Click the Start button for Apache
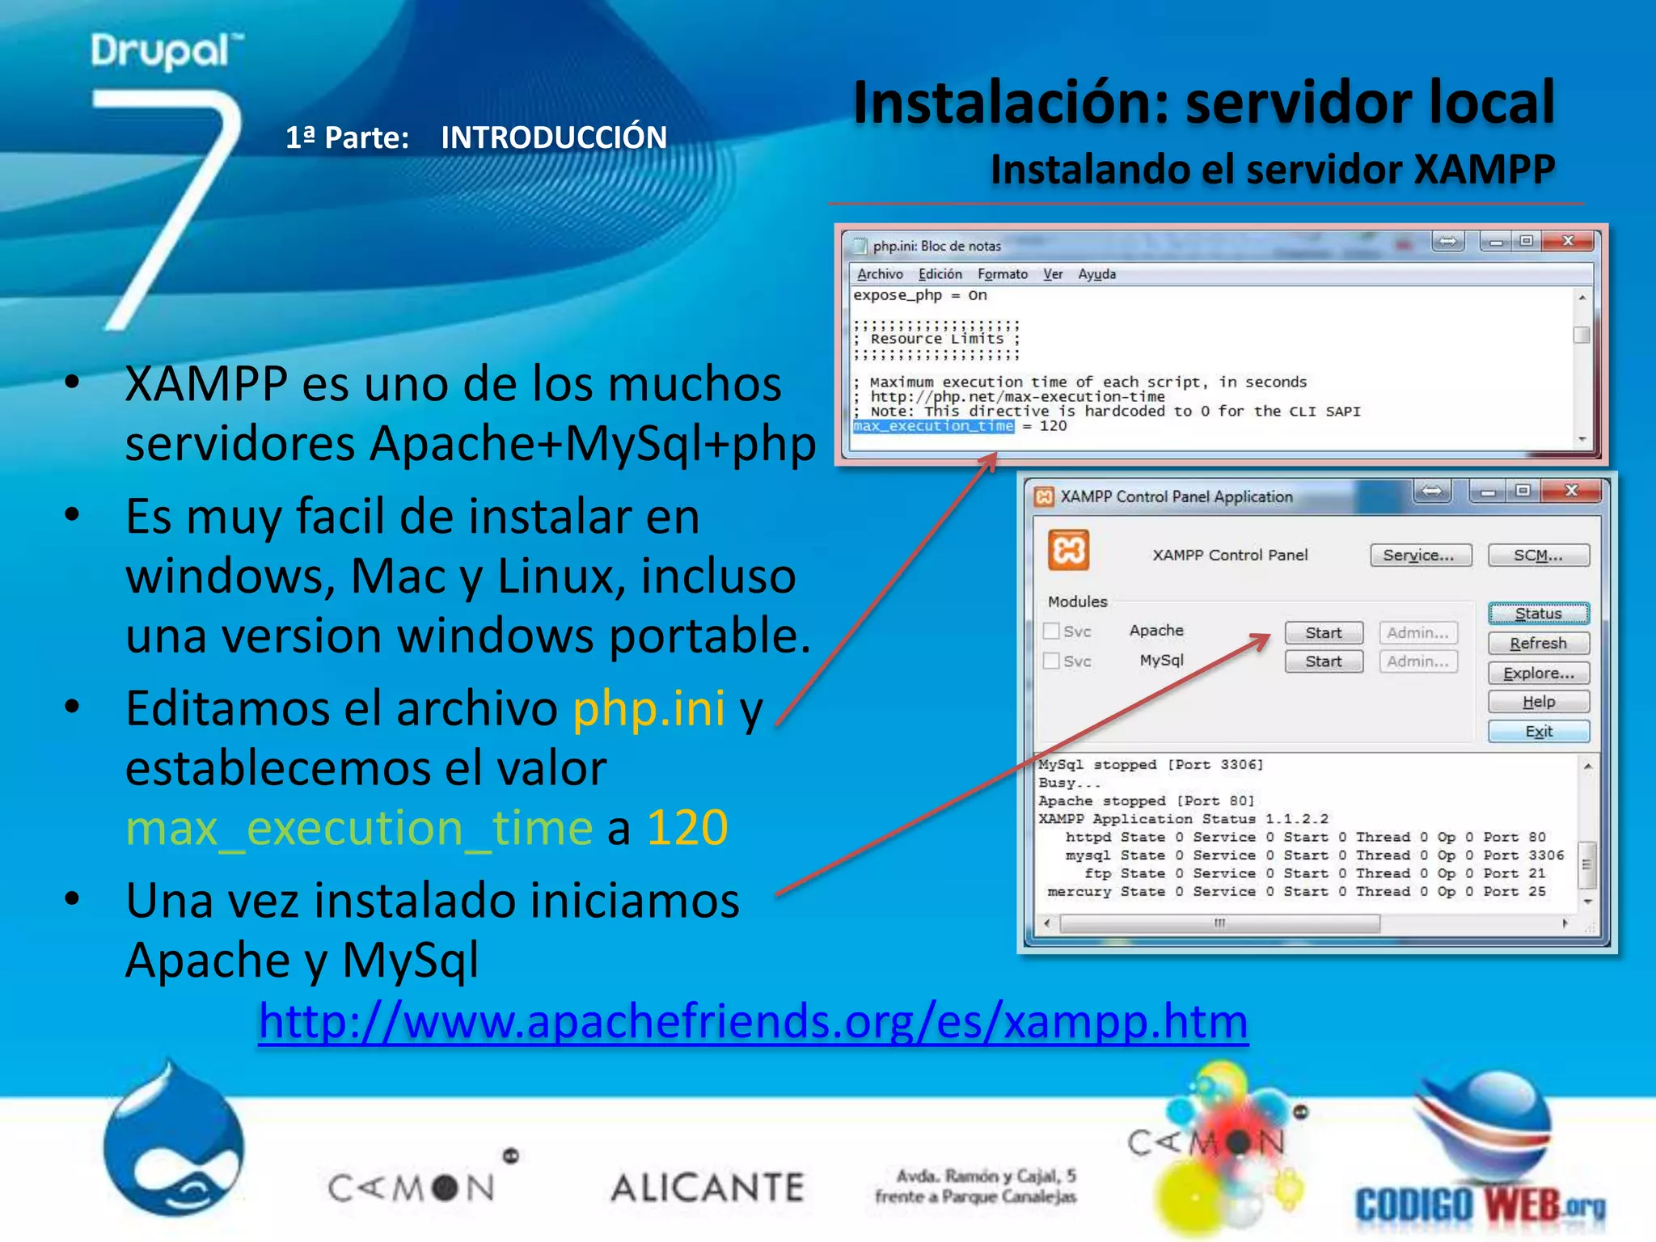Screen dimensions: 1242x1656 [1323, 632]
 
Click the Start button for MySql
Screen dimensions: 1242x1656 [1323, 661]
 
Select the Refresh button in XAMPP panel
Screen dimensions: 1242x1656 [1538, 644]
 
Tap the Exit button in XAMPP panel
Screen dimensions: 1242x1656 [1538, 732]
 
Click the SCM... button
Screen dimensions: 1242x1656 [1538, 556]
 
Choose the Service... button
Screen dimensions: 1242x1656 [1420, 556]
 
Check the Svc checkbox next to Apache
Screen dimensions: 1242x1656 [1051, 632]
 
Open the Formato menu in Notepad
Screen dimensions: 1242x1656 [1002, 274]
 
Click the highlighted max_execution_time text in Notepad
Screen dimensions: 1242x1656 [933, 426]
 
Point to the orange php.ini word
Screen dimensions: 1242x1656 [648, 708]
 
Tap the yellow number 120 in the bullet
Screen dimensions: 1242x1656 [687, 828]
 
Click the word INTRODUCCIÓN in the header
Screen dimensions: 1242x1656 [554, 137]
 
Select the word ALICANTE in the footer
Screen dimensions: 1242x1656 [708, 1188]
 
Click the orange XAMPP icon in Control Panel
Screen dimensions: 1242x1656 [1068, 551]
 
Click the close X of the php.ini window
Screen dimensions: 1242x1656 [1567, 241]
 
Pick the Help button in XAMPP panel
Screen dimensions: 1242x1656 [1538, 702]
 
